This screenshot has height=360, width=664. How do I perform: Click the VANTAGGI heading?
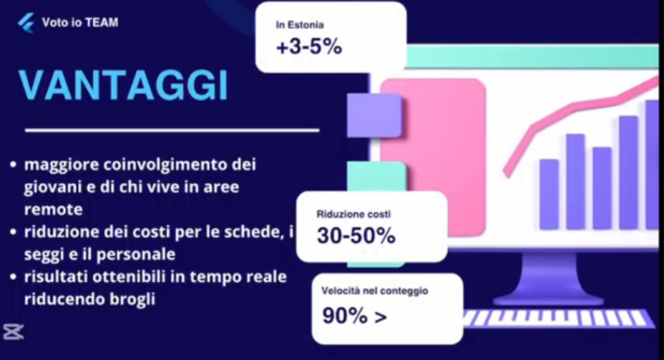pyautogui.click(x=124, y=85)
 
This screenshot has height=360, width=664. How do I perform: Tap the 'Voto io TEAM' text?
pyautogui.click(x=80, y=23)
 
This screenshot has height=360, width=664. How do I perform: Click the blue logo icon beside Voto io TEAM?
pyautogui.click(x=26, y=23)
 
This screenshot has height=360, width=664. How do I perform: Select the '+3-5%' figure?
pyautogui.click(x=309, y=47)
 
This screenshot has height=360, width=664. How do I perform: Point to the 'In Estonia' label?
pyautogui.click(x=300, y=25)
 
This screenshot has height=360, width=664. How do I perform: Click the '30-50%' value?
pyautogui.click(x=356, y=236)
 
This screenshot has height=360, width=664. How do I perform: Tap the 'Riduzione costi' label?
pyautogui.click(x=353, y=214)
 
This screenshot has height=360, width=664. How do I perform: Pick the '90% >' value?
pyautogui.click(x=355, y=315)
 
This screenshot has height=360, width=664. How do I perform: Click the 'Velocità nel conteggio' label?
pyautogui.click(x=375, y=291)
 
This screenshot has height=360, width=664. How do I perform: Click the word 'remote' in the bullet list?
pyautogui.click(x=53, y=210)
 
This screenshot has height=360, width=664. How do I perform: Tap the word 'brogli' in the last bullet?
pyautogui.click(x=132, y=299)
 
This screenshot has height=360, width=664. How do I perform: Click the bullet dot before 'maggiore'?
pyautogui.click(x=14, y=164)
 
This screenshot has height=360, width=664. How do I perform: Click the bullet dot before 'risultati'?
pyautogui.click(x=14, y=277)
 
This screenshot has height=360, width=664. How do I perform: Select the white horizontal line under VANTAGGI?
pyautogui.click(x=172, y=130)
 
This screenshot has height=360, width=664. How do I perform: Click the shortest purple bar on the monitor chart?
pyautogui.click(x=549, y=195)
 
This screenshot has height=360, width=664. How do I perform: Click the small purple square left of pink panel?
pyautogui.click(x=374, y=115)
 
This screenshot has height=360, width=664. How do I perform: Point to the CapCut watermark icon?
pyautogui.click(x=13, y=332)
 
